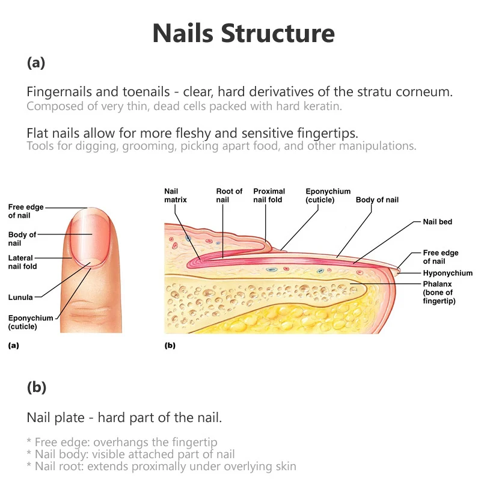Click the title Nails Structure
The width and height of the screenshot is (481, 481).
(243, 33)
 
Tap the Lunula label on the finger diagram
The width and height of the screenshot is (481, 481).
(20, 297)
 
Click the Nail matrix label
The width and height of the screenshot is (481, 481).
(176, 195)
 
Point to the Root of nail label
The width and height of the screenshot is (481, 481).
(229, 195)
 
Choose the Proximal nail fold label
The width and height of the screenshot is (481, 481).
(268, 195)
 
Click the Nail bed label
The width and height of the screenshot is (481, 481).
(437, 222)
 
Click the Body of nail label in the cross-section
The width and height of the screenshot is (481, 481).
(377, 200)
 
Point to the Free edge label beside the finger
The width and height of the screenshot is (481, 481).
(25, 210)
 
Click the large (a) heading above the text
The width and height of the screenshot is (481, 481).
(36, 62)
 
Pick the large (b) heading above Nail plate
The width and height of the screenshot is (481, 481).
(36, 388)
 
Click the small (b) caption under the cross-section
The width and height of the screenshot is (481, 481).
(170, 346)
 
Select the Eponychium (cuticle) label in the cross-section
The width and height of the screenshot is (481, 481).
(328, 195)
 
